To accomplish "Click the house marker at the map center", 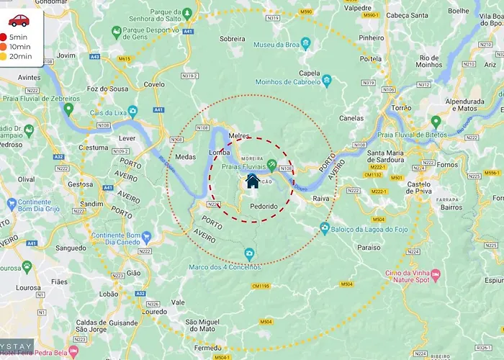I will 253,180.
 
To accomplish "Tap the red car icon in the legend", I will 18,19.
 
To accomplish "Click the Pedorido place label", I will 264,207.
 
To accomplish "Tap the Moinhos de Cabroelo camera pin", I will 326,81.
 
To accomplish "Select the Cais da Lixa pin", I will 68,109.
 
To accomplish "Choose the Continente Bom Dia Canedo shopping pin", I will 145,236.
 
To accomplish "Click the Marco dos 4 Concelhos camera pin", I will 249,254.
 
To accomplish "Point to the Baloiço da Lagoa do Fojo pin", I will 325,228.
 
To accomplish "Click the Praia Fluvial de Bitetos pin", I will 436,122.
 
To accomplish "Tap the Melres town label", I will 238,135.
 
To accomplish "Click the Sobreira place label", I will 232,38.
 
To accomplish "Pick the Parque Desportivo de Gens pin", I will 117,32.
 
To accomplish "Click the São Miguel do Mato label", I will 205,326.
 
